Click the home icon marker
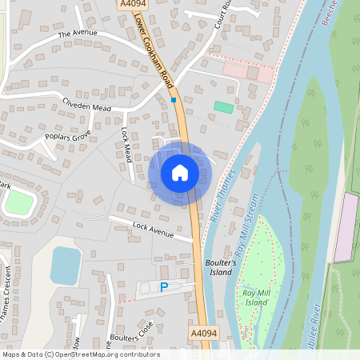(180, 173)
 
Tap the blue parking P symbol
(165, 287)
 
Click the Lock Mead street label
(126, 144)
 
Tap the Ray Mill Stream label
(246, 224)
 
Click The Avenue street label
(78, 34)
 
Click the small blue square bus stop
(173, 100)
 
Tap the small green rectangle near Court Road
(224, 107)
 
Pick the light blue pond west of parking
(66, 265)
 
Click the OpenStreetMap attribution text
(80, 354)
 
